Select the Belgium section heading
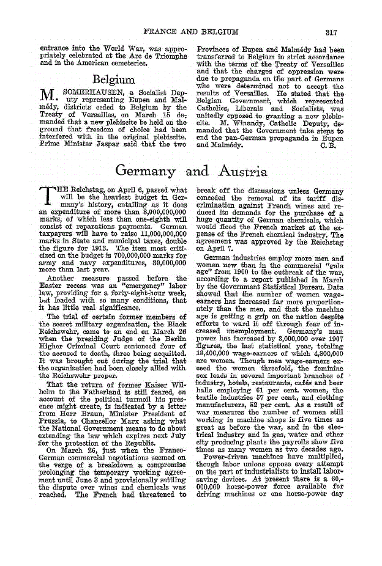(x=113, y=79)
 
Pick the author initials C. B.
(x=329, y=145)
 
